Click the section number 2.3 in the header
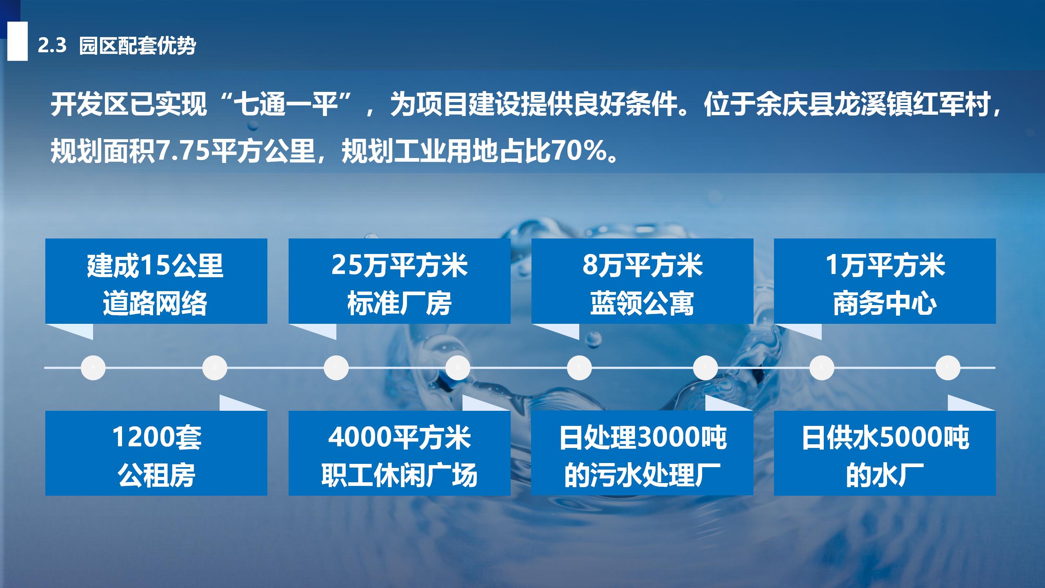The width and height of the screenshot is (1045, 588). [52, 46]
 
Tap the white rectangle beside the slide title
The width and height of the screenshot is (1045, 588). [18, 41]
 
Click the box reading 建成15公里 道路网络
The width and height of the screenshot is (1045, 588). [156, 281]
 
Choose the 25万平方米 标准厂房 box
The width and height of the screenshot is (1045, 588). [400, 281]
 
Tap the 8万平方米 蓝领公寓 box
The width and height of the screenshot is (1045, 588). [642, 281]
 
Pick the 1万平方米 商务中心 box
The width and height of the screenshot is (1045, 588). [885, 281]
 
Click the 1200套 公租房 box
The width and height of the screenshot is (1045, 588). [156, 453]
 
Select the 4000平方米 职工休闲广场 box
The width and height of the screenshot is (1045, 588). [400, 453]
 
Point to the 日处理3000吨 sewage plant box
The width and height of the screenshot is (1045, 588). [642, 453]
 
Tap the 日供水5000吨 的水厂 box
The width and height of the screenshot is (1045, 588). [885, 453]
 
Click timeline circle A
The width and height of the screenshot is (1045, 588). [93, 367]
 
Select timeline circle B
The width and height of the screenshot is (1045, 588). [215, 367]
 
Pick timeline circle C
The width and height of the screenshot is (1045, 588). [336, 367]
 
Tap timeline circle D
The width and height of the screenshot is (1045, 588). [458, 367]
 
